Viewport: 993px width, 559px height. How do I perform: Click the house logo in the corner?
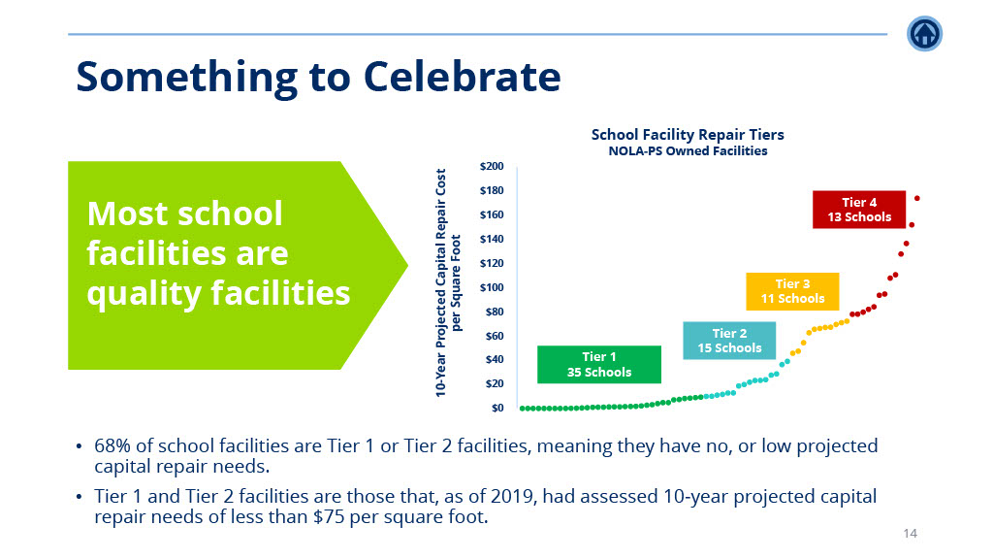[x=925, y=34]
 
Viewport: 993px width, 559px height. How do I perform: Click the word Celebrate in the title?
[x=461, y=76]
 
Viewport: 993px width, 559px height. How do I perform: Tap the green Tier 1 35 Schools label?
[x=598, y=365]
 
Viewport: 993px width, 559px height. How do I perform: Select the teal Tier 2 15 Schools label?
[x=729, y=341]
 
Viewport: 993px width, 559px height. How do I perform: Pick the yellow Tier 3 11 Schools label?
[x=792, y=291]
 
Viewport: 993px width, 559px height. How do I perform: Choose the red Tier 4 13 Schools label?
[x=858, y=210]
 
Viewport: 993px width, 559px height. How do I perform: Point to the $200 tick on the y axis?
[x=492, y=167]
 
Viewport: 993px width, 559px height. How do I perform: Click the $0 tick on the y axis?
[x=496, y=408]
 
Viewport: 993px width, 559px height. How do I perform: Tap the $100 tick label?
[x=492, y=287]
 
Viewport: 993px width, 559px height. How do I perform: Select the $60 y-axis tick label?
[x=494, y=336]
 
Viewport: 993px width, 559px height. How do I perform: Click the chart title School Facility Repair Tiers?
[x=688, y=135]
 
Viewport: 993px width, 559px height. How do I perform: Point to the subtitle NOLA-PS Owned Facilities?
[x=688, y=150]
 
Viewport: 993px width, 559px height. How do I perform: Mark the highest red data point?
[x=916, y=199]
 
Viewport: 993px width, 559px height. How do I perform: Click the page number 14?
[x=910, y=534]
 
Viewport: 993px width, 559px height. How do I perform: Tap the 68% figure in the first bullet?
[x=112, y=445]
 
